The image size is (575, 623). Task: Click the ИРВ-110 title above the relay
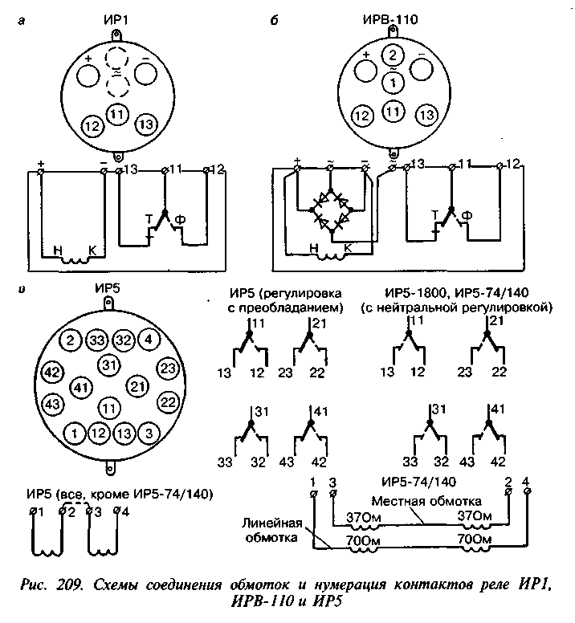pyautogui.click(x=390, y=19)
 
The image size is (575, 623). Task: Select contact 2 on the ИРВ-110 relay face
pyautogui.click(x=393, y=55)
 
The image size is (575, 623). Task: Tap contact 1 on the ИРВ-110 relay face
pyautogui.click(x=393, y=83)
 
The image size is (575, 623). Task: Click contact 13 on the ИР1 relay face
pyautogui.click(x=146, y=124)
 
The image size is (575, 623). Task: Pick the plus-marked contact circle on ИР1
pyautogui.click(x=88, y=75)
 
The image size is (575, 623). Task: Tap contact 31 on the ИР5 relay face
pyautogui.click(x=109, y=365)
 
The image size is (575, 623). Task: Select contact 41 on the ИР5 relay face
pyautogui.click(x=81, y=387)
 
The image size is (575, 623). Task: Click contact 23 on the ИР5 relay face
pyautogui.click(x=168, y=369)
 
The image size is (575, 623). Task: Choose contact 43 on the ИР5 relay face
pyautogui.click(x=52, y=404)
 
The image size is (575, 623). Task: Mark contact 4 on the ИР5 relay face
pyautogui.click(x=149, y=340)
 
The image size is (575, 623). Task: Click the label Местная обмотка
pyautogui.click(x=426, y=501)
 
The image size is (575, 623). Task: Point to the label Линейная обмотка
pyautogui.click(x=271, y=531)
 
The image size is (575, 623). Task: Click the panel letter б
pyautogui.click(x=274, y=21)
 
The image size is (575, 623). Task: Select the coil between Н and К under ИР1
pyautogui.click(x=75, y=261)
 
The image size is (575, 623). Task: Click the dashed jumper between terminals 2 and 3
pyautogui.click(x=75, y=506)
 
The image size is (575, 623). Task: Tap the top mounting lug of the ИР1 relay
pyautogui.click(x=116, y=35)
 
